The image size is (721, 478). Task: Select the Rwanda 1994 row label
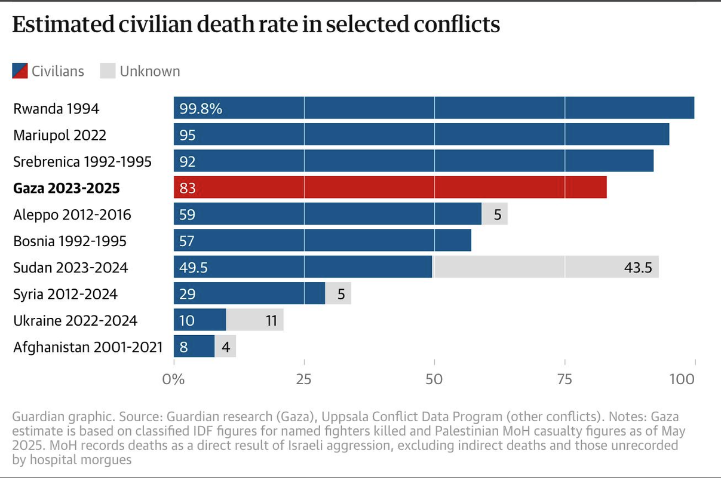pos(56,109)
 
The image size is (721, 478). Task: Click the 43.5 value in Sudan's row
pos(638,267)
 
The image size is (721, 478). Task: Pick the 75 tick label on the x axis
pos(564,379)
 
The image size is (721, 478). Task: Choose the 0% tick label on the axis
pos(174,379)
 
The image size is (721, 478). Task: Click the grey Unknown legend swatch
pos(107,71)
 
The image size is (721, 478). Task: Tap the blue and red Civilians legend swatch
pos(20,71)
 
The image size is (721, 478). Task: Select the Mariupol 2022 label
pos(60,135)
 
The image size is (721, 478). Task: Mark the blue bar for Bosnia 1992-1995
pos(323,241)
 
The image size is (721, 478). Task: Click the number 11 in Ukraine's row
pos(271,320)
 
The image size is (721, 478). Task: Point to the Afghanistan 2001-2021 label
pos(88,347)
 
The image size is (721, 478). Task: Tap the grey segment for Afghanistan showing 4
pos(225,347)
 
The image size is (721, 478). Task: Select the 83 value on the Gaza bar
pos(188,188)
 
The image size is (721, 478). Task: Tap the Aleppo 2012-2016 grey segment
pos(495,215)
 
